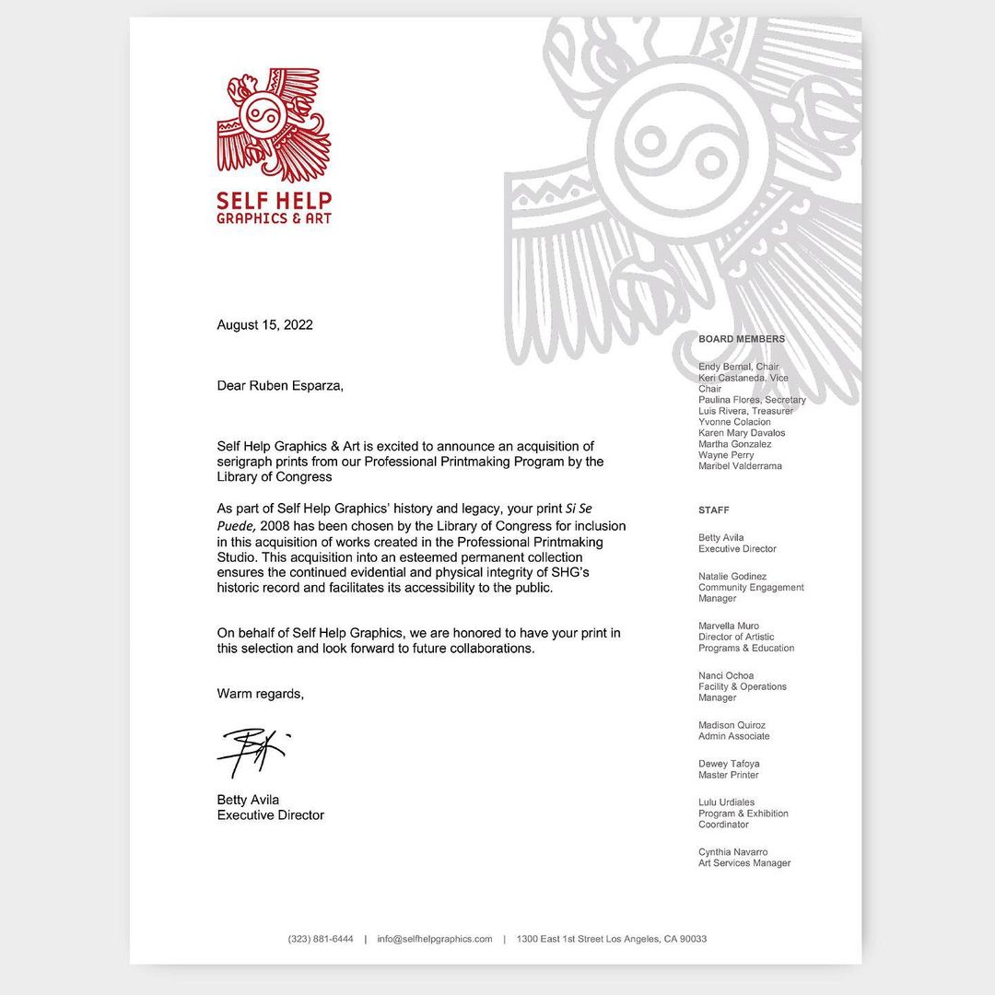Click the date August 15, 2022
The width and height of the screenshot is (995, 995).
click(x=264, y=324)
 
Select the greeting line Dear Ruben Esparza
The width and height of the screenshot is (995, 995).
click(x=280, y=385)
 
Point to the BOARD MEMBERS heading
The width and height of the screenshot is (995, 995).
click(x=742, y=339)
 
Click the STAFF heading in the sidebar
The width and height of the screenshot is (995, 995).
click(x=713, y=509)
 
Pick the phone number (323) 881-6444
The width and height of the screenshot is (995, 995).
click(x=321, y=939)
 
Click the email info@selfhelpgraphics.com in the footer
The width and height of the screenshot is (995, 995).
click(x=435, y=939)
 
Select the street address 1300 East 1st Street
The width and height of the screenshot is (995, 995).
click(x=612, y=939)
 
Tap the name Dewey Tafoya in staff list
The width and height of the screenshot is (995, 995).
click(x=729, y=764)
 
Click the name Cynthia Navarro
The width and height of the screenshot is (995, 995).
click(x=732, y=852)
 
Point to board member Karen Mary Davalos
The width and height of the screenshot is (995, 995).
click(x=742, y=433)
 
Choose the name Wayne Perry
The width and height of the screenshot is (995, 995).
click(x=726, y=455)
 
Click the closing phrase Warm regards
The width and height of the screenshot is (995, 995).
click(x=260, y=693)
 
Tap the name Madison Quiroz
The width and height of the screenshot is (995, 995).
click(x=732, y=725)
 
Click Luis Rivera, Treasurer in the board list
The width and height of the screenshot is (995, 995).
click(x=745, y=411)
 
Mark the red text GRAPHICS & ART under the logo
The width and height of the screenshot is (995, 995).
click(x=274, y=219)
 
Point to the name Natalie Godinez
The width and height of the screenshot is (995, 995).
click(x=732, y=576)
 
